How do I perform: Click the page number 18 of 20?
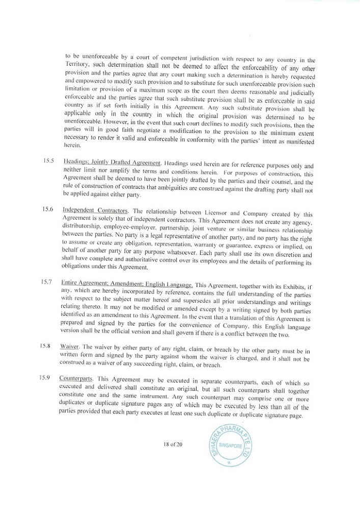pyautogui.click(x=173, y=444)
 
